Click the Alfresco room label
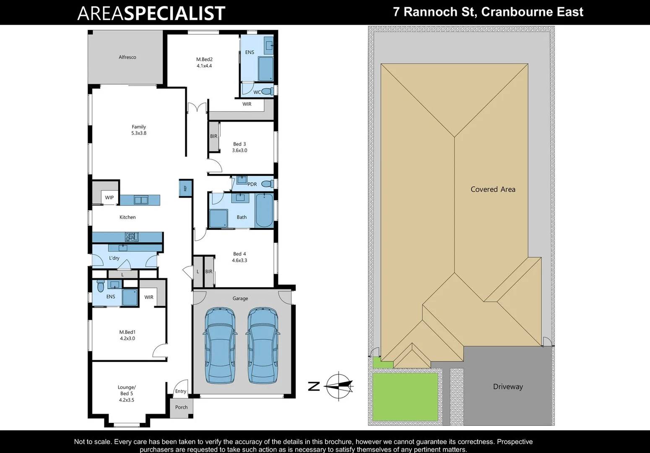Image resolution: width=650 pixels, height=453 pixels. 127,57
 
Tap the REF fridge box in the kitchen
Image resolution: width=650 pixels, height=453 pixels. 185,188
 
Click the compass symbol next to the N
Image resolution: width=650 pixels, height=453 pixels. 339,386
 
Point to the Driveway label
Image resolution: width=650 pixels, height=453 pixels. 508,387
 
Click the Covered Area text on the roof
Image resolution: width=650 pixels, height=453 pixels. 493,189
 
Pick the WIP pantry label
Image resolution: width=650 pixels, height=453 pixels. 109,198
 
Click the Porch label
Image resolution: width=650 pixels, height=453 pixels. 182,407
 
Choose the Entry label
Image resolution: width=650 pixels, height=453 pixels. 181,391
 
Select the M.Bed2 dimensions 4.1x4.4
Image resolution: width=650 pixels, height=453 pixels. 204,66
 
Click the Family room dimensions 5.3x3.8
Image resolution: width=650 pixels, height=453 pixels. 139,133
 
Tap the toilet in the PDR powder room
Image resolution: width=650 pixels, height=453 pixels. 267,184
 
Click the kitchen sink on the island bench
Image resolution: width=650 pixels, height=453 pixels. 141,200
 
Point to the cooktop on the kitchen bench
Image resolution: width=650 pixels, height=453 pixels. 132,237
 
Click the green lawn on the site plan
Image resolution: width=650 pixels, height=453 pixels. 405,396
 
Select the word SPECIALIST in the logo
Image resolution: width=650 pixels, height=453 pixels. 175,13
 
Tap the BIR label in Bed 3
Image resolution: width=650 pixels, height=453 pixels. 214,136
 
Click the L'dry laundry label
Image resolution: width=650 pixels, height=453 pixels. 114,258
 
